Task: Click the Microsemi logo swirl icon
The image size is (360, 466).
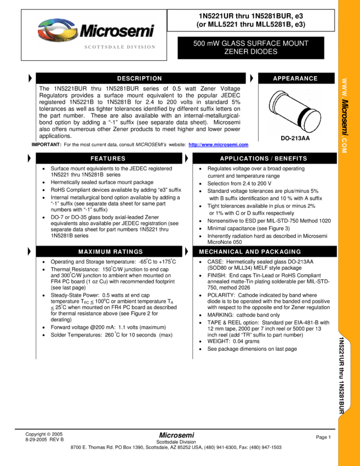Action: (57, 30)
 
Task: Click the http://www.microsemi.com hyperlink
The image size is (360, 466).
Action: (218, 145)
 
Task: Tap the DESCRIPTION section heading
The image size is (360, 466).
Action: (139, 78)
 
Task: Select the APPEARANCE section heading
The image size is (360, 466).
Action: (295, 78)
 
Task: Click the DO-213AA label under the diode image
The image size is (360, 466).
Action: (295, 138)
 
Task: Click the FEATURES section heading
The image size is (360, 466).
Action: (108, 158)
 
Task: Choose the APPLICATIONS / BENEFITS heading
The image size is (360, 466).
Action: (264, 158)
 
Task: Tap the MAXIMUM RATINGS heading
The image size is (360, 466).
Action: (111, 252)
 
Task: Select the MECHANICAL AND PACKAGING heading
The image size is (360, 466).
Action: (250, 252)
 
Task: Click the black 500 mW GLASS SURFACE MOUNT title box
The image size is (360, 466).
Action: (251, 48)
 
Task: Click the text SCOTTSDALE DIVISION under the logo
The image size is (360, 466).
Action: (119, 47)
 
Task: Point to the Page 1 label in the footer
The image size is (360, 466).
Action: (323, 437)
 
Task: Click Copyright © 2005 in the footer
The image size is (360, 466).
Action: (44, 434)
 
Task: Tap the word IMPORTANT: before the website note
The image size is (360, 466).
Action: (47, 145)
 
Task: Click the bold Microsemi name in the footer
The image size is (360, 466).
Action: (176, 435)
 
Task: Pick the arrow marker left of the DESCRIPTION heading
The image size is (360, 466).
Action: (30, 78)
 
